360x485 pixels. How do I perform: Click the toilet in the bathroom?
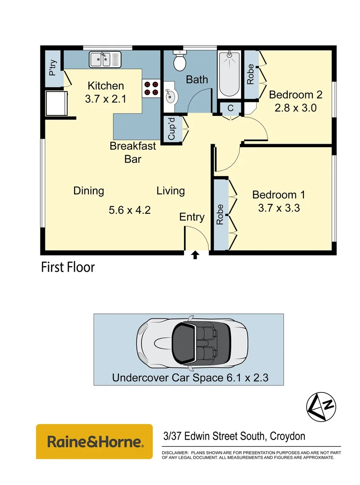180,62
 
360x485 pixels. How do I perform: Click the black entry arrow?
195,255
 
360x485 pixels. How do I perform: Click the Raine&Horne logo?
94,441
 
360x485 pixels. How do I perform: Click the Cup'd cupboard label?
171,129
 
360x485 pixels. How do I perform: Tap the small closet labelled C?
230,108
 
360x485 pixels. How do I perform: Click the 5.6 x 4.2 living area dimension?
129,210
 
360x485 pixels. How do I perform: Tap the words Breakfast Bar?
133,152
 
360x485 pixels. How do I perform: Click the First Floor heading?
68,268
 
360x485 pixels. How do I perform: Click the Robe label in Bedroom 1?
220,215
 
